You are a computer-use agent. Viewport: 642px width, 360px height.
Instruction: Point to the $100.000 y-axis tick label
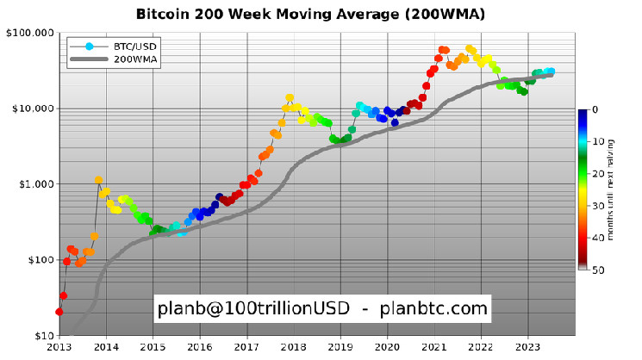[x=28, y=33]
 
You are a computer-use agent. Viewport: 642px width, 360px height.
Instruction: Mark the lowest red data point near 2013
[x=59, y=312]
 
